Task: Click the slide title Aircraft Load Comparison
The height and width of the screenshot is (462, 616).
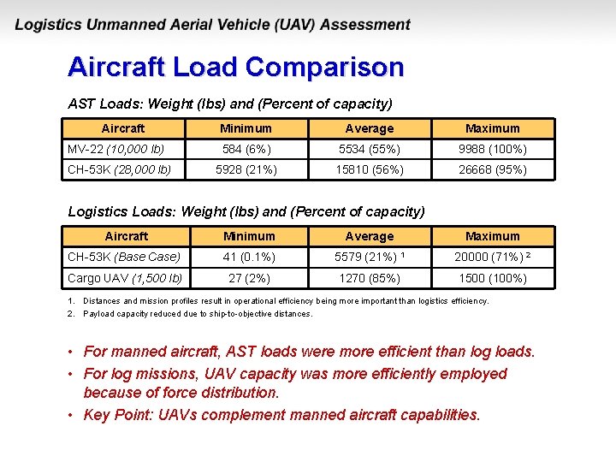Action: (235, 67)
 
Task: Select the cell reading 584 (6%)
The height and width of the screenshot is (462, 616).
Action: (246, 149)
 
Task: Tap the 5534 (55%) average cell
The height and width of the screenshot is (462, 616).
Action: (369, 149)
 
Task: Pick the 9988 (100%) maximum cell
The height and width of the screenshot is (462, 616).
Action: (492, 149)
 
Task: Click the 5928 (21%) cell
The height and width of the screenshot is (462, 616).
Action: (246, 169)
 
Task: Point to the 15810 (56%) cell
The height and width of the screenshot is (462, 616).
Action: (369, 169)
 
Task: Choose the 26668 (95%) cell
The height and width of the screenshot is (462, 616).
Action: (492, 169)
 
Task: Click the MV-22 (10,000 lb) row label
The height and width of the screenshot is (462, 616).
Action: (116, 149)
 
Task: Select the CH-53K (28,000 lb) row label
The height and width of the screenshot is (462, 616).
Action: (125, 169)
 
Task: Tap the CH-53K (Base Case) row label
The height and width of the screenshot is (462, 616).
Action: (124, 257)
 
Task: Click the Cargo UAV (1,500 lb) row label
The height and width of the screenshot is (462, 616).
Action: (125, 277)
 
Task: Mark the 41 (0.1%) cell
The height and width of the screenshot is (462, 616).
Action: (249, 257)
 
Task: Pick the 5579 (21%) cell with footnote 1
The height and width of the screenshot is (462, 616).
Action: (369, 257)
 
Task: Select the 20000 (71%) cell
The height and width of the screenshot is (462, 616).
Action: (492, 257)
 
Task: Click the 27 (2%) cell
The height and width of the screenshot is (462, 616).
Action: (249, 277)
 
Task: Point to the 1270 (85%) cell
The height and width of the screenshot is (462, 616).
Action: (369, 277)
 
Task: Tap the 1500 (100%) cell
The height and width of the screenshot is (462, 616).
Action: (492, 277)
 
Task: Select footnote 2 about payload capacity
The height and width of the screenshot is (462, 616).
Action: (197, 314)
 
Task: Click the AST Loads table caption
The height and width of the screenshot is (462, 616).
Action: (229, 104)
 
